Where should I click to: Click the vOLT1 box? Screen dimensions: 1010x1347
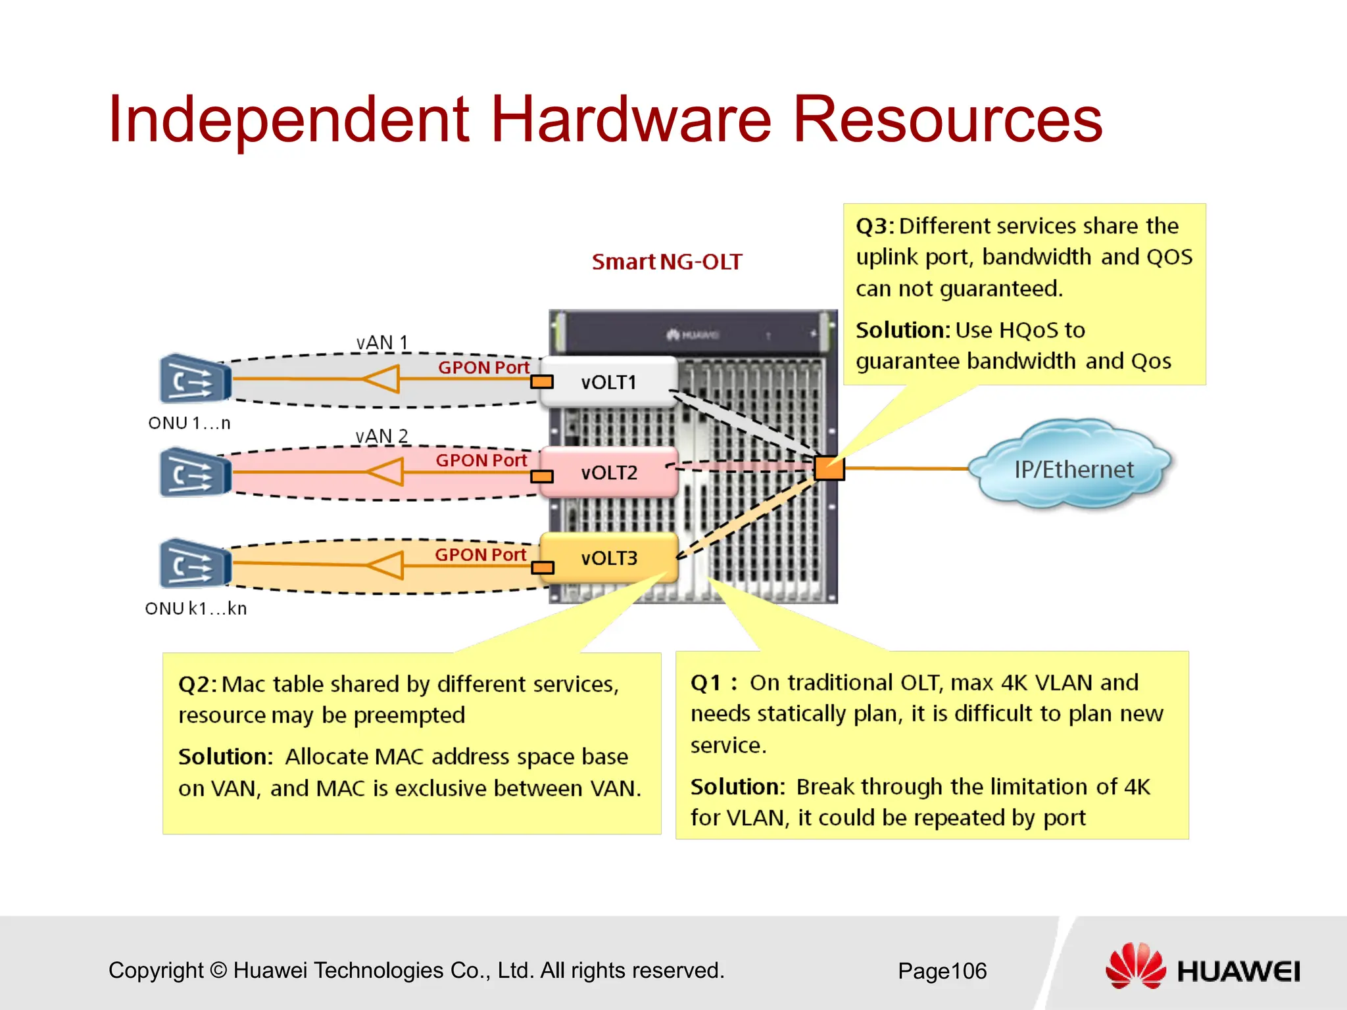[x=609, y=382]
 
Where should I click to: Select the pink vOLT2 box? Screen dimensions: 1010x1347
[x=609, y=472]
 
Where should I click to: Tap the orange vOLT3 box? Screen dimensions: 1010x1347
[x=609, y=558]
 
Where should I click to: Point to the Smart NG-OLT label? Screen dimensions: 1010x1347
[x=667, y=262]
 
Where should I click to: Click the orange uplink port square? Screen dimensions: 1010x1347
[x=829, y=468]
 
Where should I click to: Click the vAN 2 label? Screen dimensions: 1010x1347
[x=381, y=436]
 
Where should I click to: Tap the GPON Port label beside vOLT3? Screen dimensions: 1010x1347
[x=480, y=554]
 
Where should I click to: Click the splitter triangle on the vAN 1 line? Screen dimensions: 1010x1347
[x=383, y=379]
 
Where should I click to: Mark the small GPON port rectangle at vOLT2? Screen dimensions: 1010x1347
[x=542, y=476]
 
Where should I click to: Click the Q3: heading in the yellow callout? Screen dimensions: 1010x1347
[x=875, y=226]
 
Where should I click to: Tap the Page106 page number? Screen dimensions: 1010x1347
[x=942, y=971]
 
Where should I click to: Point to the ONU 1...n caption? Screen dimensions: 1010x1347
[x=189, y=423]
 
